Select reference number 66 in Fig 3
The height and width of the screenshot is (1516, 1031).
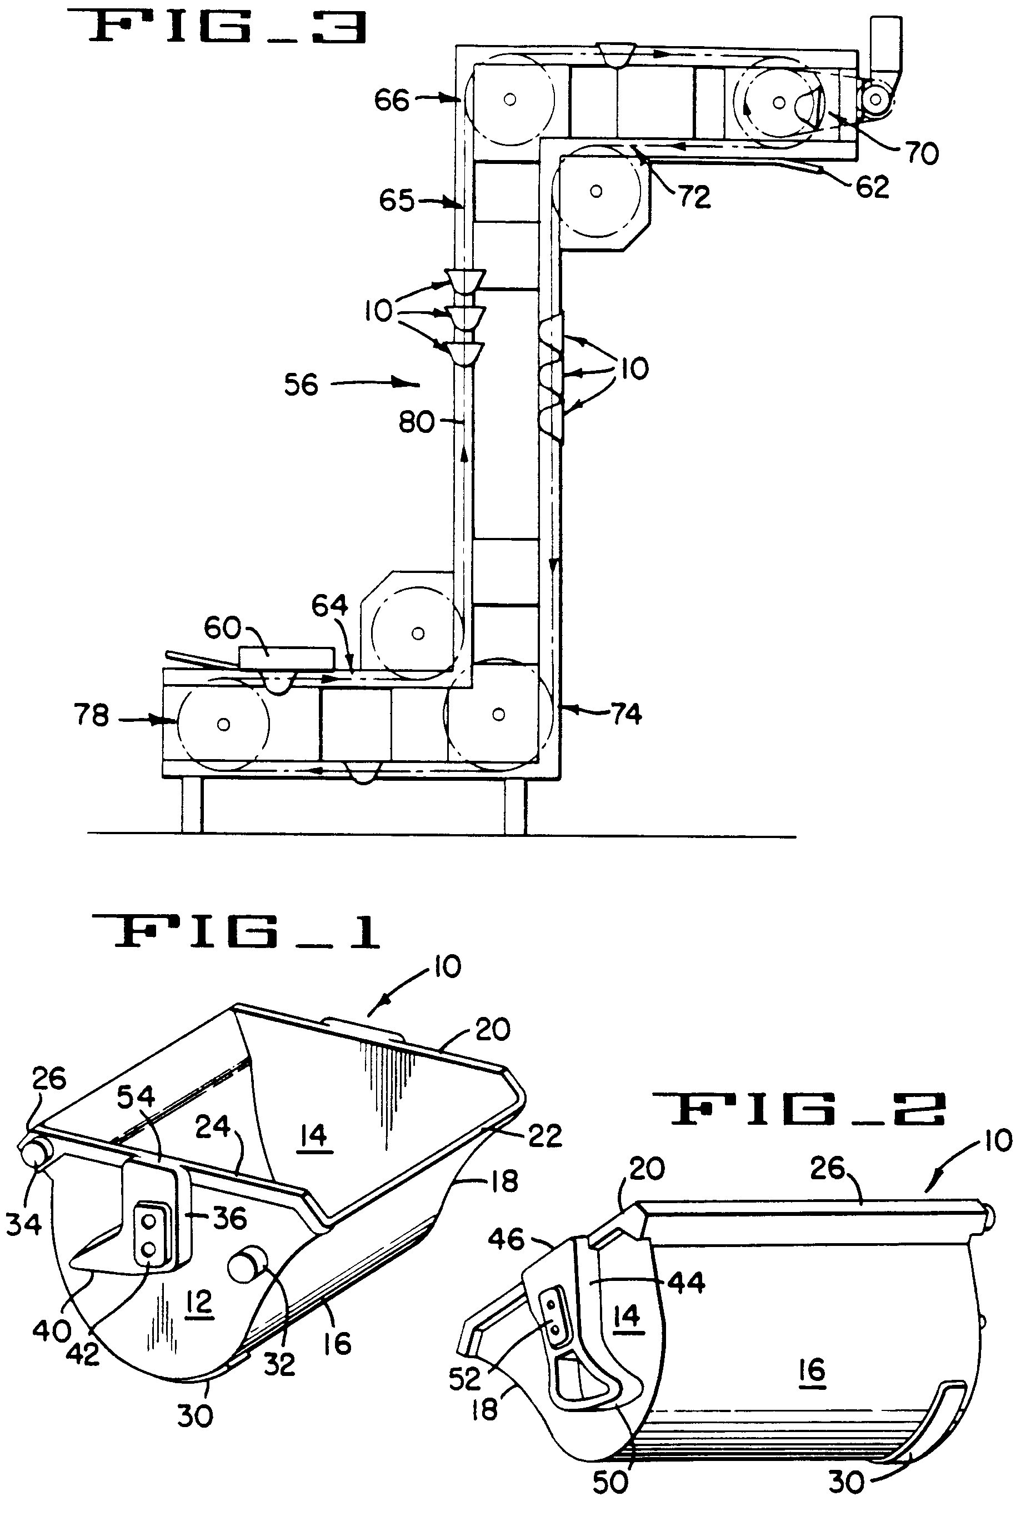click(391, 101)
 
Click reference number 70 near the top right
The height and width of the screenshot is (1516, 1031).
click(922, 153)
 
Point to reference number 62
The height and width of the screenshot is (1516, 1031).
click(872, 187)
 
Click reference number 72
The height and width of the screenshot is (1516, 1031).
click(694, 196)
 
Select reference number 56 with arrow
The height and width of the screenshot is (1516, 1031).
click(301, 385)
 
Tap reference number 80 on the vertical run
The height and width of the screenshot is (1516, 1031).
click(416, 423)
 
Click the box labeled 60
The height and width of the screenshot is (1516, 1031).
click(287, 657)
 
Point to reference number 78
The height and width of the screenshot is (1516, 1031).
click(91, 716)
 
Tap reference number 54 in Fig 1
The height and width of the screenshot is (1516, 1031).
click(136, 1096)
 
